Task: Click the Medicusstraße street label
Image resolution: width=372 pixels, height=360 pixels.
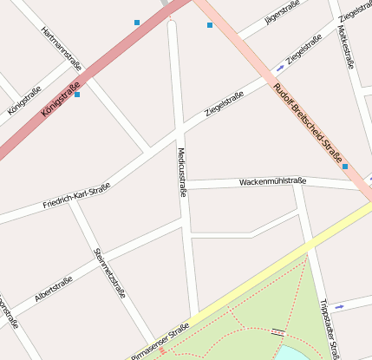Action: (182, 172)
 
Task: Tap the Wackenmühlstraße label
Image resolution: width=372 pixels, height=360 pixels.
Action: (273, 182)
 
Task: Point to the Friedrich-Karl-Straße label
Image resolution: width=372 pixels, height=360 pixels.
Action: (76, 197)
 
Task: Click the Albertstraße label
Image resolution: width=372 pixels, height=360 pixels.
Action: (53, 287)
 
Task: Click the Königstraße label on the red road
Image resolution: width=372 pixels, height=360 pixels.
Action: (61, 100)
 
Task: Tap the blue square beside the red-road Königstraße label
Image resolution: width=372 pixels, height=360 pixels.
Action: (77, 94)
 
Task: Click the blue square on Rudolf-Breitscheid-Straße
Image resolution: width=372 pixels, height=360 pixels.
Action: (345, 166)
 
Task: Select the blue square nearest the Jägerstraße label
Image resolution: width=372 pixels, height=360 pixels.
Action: (210, 25)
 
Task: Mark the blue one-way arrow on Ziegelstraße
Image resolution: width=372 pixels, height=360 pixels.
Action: (279, 67)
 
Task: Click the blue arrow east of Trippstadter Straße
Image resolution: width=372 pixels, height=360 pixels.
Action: (339, 305)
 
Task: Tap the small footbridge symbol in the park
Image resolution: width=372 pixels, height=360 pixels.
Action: (277, 331)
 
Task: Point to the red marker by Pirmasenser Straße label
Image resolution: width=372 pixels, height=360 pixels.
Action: (161, 350)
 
